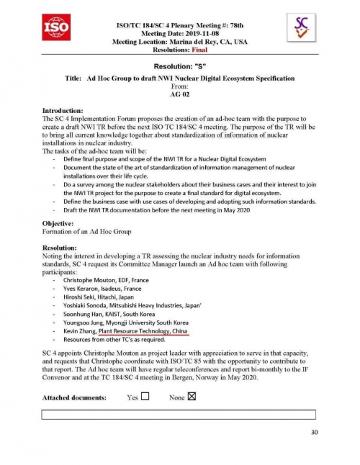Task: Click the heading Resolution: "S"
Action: pos(180,66)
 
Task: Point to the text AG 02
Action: pos(179,94)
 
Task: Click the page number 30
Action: pos(313,432)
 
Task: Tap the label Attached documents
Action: pos(74,397)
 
